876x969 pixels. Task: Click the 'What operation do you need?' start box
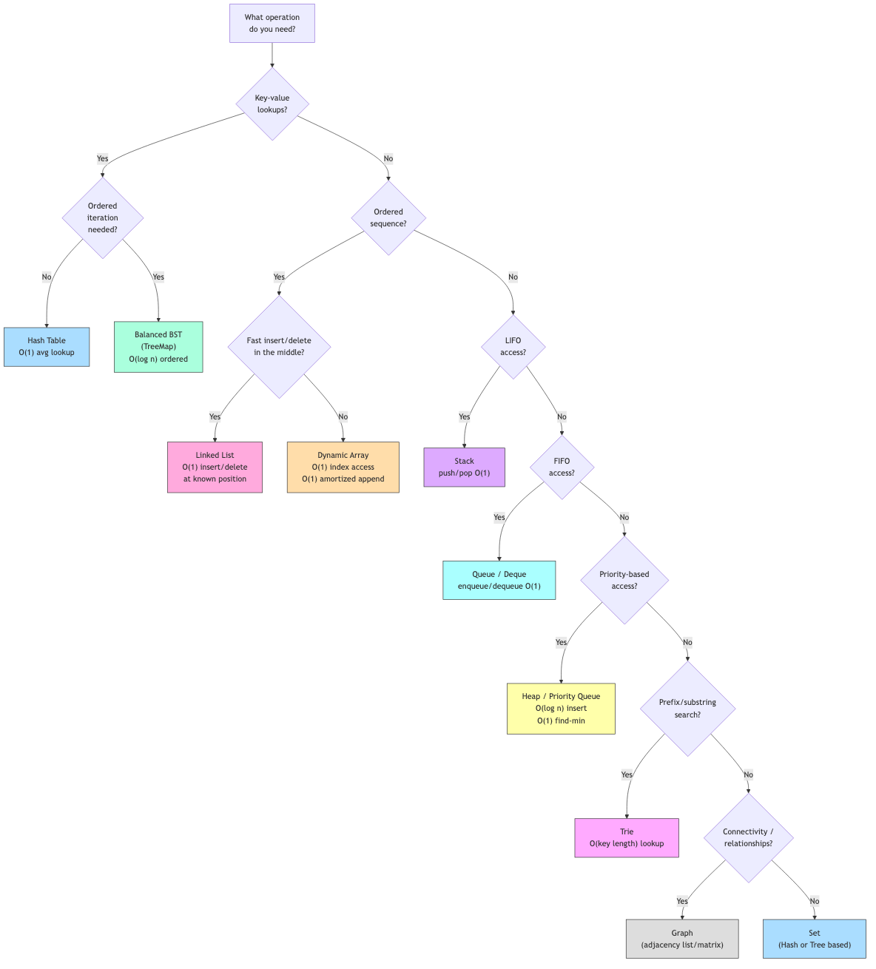click(x=272, y=24)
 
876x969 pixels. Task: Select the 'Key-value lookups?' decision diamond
click(x=272, y=104)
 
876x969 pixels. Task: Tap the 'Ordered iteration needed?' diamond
click(x=103, y=218)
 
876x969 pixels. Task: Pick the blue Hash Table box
click(x=47, y=347)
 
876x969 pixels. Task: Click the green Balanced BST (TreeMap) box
click(x=158, y=347)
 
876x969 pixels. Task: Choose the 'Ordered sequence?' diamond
click(x=388, y=218)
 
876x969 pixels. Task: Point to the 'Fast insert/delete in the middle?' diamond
click(x=279, y=347)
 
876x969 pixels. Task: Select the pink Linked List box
click(x=215, y=467)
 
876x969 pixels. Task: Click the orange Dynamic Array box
click(x=343, y=467)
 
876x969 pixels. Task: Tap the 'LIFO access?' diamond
click(x=513, y=347)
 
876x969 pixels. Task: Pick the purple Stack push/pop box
click(x=465, y=467)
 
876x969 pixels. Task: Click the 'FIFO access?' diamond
click(x=562, y=467)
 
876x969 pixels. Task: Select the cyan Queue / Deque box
click(x=499, y=581)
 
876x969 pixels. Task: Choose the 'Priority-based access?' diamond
click(x=624, y=581)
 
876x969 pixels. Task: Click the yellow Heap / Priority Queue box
click(x=561, y=709)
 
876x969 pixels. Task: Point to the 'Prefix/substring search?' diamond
click(x=688, y=709)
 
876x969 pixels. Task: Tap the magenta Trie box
click(x=627, y=838)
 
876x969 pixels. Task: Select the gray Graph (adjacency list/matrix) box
click(x=682, y=939)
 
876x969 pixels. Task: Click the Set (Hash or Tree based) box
click(x=815, y=939)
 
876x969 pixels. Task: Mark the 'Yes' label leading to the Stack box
click(x=465, y=417)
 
